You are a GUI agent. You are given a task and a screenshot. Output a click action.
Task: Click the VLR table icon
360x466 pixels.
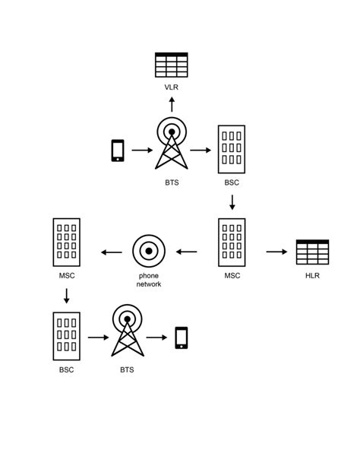click(x=171, y=65)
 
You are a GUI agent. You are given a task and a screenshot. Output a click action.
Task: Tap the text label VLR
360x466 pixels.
click(x=172, y=87)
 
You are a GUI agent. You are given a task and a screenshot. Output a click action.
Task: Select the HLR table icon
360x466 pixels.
click(x=312, y=252)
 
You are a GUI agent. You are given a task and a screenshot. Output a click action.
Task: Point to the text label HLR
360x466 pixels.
click(x=312, y=275)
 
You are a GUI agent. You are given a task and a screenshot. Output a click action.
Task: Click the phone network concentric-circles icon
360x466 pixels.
click(x=149, y=251)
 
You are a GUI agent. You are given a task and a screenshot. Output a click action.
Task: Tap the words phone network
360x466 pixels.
click(x=149, y=280)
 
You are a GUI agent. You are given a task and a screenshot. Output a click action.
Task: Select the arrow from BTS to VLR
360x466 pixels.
click(x=172, y=104)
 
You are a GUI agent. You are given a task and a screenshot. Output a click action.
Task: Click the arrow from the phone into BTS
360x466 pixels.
click(x=141, y=151)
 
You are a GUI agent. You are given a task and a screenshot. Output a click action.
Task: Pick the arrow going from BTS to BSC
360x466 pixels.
click(x=201, y=151)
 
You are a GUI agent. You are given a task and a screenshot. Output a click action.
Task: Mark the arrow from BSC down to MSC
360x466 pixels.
click(x=232, y=202)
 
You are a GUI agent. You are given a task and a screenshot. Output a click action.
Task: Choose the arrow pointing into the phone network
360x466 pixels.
click(x=186, y=252)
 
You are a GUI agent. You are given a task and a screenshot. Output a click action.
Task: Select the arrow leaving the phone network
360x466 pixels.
click(x=112, y=252)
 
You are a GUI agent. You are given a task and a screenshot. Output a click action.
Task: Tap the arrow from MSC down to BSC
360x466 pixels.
click(x=67, y=295)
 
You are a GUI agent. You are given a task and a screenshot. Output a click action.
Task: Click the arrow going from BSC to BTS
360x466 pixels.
click(x=98, y=337)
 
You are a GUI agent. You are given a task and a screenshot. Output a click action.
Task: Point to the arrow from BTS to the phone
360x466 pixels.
click(x=157, y=337)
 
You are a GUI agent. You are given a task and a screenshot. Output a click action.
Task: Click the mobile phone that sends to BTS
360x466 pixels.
click(x=118, y=151)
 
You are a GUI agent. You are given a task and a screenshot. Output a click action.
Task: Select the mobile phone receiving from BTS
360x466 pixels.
click(x=181, y=337)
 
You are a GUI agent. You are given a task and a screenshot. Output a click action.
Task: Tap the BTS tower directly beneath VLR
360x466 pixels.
click(x=172, y=144)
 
